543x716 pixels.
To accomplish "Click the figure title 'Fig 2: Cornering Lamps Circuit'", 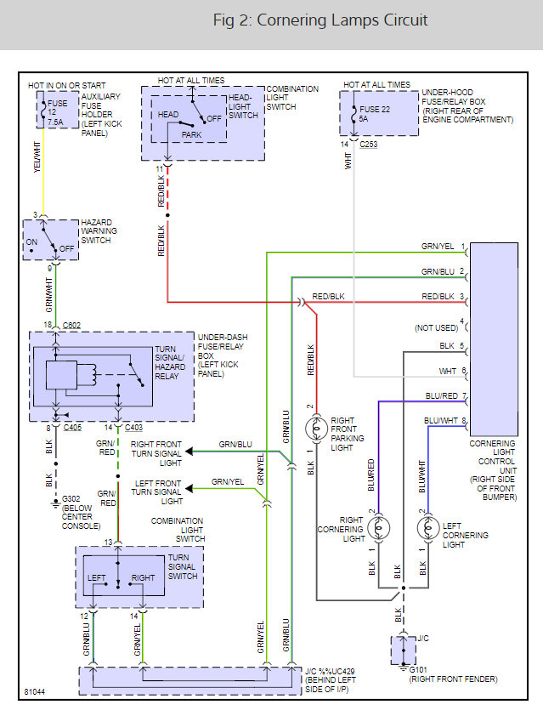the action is click(320, 20).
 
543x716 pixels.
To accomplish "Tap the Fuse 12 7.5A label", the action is click(57, 113).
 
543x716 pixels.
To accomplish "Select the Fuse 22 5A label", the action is click(374, 114).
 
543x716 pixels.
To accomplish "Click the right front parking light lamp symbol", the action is click(316, 429).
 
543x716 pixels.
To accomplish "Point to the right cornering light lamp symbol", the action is click(378, 528).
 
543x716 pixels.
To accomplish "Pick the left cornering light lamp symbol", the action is click(428, 528).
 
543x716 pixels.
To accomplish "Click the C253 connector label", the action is click(368, 145).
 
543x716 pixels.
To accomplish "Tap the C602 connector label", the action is click(71, 325).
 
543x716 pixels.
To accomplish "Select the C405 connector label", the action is click(72, 428).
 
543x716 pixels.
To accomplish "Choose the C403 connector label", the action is click(133, 428).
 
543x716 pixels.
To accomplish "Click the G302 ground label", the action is click(71, 498).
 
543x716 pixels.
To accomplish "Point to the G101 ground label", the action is click(418, 670).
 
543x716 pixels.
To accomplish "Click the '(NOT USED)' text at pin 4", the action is click(436, 328).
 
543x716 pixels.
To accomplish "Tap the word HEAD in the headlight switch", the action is click(168, 114).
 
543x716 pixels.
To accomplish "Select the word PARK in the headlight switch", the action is click(191, 134).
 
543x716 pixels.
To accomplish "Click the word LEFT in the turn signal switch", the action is click(96, 577).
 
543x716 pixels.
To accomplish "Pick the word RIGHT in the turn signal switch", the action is click(143, 577).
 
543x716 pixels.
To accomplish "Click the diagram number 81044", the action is click(35, 692).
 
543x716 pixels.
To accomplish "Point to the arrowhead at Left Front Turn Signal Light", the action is click(189, 489).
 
